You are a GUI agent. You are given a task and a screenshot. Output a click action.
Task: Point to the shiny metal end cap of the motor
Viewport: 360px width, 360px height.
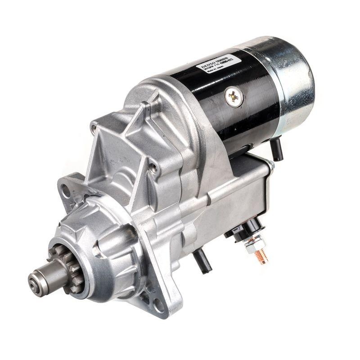pos(292,81)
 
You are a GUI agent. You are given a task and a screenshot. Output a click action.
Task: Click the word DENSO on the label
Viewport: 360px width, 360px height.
pos(205,66)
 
